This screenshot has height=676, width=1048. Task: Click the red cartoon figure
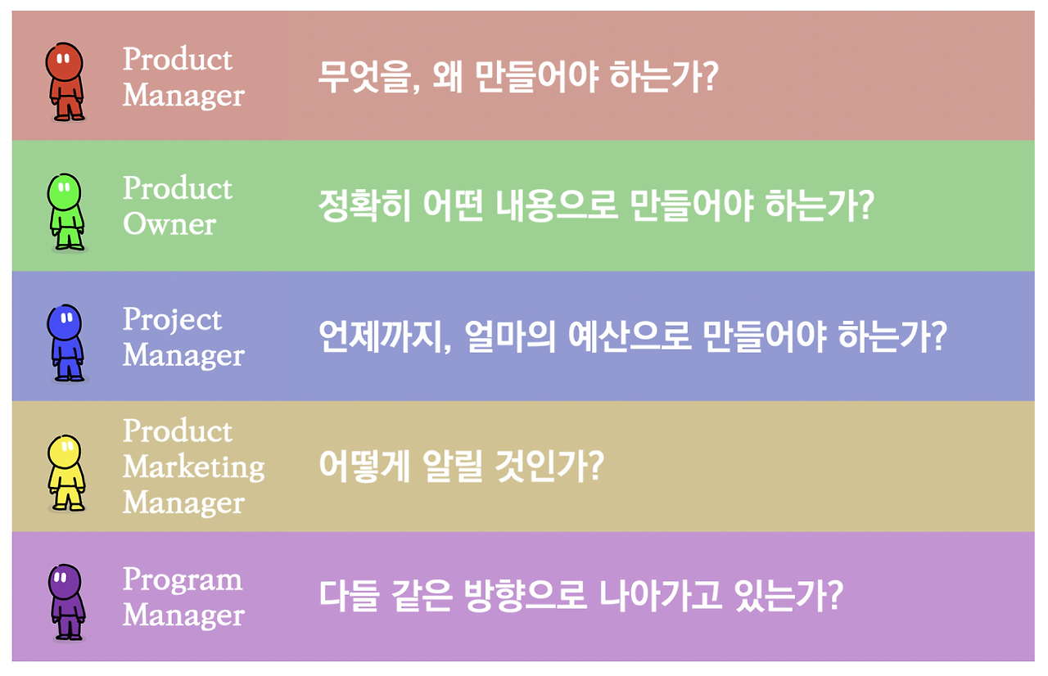coord(65,82)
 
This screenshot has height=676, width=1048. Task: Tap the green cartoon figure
coord(66,212)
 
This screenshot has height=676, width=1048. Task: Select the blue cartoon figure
coord(66,343)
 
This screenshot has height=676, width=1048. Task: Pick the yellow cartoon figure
coord(66,473)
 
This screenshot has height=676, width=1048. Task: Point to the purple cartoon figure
coord(67,602)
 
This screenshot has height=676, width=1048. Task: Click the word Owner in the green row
coord(169,224)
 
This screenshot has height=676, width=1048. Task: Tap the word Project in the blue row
coord(172,321)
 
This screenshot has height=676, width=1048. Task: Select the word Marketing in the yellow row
coord(194,467)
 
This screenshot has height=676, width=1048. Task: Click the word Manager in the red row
coord(183,97)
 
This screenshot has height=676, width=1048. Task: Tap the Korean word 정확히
coord(364,206)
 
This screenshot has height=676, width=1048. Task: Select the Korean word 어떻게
coord(365,466)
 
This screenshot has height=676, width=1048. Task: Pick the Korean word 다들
coord(348,596)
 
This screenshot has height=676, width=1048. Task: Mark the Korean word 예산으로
coord(630,336)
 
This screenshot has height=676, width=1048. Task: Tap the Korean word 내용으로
coord(557,206)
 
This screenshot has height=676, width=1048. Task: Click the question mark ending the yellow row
coord(595,466)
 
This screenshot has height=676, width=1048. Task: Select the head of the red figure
coord(65,61)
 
